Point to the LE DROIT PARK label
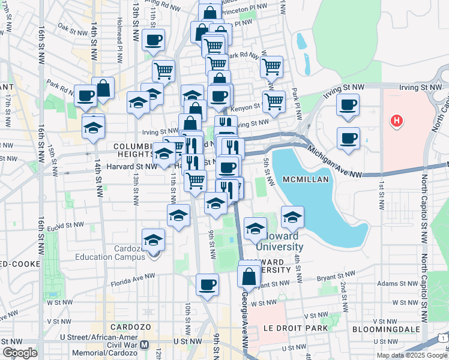coord(295,328)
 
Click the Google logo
coord(19,353)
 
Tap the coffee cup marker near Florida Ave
coord(208,284)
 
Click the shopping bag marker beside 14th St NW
coord(103,88)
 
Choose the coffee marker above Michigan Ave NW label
coord(348,138)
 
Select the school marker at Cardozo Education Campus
coord(154,240)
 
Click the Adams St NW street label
coord(394,283)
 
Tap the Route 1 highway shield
coord(442,340)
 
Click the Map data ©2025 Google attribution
coord(412,355)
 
